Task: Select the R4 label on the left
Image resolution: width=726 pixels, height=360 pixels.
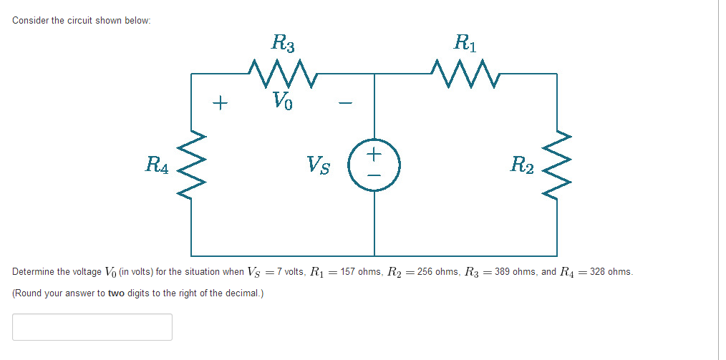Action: click(158, 165)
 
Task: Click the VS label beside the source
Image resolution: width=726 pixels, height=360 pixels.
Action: click(319, 165)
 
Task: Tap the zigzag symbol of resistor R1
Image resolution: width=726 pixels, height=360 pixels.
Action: click(464, 73)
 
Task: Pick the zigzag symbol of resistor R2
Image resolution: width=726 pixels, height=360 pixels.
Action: click(557, 165)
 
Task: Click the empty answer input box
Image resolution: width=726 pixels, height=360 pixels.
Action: click(92, 327)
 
